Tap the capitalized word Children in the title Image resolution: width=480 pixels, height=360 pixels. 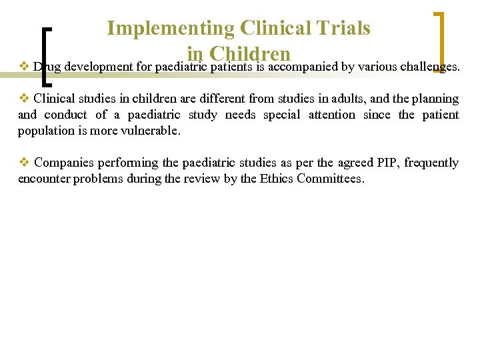(249, 53)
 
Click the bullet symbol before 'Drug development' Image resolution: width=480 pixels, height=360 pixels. (23, 66)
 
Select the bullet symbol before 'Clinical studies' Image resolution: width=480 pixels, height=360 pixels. (23, 98)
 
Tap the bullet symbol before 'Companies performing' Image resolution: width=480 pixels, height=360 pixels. (23, 162)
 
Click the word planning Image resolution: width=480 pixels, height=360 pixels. (435, 99)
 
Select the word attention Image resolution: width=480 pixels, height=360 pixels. (331, 115)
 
